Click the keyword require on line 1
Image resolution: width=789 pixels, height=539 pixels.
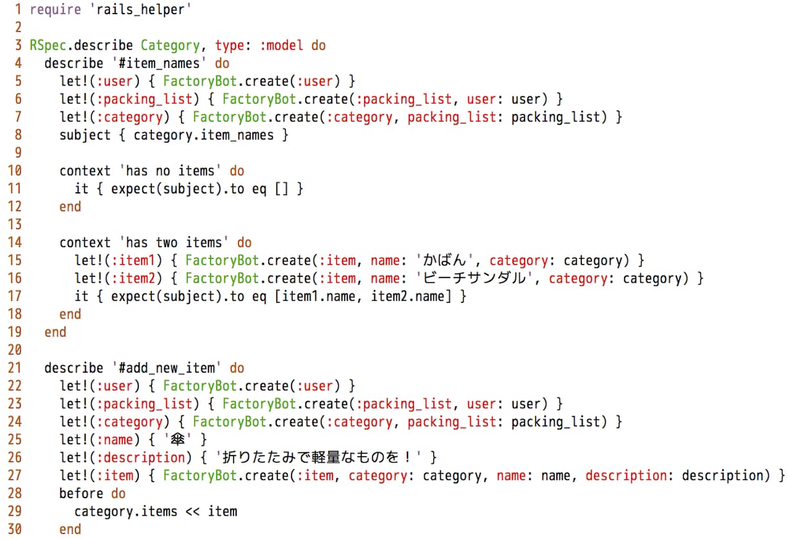(56, 10)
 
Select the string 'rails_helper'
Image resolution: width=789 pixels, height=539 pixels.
(140, 10)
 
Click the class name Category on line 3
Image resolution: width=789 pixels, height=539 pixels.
(170, 46)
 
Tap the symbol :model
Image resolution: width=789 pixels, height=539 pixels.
(281, 45)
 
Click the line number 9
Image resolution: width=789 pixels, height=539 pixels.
(18, 153)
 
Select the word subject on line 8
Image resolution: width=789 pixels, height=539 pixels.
(85, 135)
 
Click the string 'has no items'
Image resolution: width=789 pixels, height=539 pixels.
(170, 171)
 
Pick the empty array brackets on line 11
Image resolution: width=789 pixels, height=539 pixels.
(281, 189)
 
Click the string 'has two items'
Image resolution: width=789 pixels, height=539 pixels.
(174, 243)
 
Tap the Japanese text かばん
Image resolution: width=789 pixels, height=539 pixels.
(444, 261)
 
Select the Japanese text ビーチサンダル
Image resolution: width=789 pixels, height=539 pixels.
(474, 278)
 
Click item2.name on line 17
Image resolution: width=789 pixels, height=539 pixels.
(407, 296)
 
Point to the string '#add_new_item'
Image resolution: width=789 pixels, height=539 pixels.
(166, 368)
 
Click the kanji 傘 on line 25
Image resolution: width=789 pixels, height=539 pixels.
(177, 439)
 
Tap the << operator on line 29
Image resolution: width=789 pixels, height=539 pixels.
(192, 512)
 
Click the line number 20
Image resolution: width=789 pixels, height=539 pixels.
(14, 350)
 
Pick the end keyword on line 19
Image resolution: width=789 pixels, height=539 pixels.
(56, 332)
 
